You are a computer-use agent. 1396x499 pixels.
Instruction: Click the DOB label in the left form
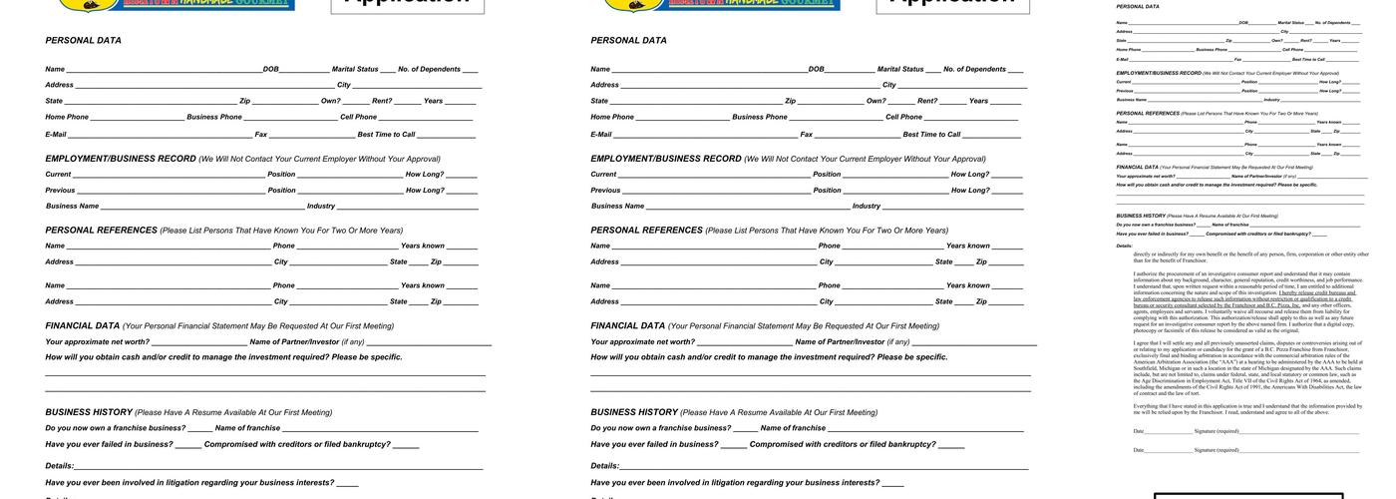click(x=270, y=70)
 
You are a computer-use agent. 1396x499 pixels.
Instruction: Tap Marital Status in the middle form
click(x=900, y=70)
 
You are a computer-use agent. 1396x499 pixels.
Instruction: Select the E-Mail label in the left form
click(x=56, y=135)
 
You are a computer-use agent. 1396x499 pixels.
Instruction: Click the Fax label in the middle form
click(x=806, y=135)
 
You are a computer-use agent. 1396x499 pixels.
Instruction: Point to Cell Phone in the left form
click(x=358, y=118)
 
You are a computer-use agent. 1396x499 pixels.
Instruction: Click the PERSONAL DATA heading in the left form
click(x=83, y=41)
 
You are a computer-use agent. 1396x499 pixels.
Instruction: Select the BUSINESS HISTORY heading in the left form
click(x=89, y=412)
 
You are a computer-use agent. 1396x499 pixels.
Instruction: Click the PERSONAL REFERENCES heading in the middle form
click(x=646, y=231)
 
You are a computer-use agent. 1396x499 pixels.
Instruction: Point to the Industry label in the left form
click(x=320, y=207)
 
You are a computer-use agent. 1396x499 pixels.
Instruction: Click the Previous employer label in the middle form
click(x=604, y=191)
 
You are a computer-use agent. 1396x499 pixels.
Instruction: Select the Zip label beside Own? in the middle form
click(x=790, y=101)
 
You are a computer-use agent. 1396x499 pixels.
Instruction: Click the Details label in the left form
click(x=60, y=466)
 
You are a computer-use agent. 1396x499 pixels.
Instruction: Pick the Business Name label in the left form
click(x=72, y=207)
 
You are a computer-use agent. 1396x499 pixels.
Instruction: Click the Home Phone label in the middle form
click(x=611, y=118)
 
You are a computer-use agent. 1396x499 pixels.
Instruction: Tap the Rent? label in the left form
click(x=382, y=101)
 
